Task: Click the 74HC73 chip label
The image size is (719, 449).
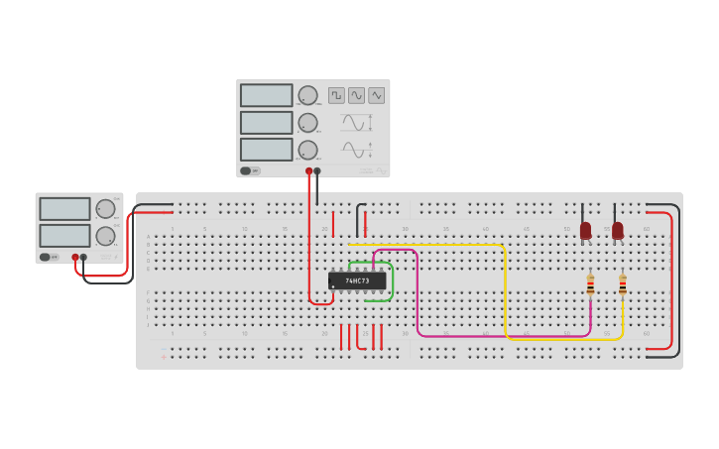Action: tap(357, 281)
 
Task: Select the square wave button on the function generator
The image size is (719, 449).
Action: tap(336, 95)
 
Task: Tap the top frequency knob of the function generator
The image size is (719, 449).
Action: tap(307, 95)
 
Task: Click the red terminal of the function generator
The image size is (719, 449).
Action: tap(309, 171)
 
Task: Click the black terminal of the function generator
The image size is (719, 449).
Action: tap(317, 171)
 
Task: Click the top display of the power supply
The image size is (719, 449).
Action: tap(64, 209)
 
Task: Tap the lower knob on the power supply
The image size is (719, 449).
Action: tap(105, 236)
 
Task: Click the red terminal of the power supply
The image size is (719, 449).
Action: tap(75, 257)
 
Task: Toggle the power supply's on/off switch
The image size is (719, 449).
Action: tap(46, 257)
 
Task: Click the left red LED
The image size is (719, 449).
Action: tap(585, 230)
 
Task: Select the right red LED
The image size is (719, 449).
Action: tap(617, 230)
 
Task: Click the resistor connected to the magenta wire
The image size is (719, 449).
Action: tap(590, 285)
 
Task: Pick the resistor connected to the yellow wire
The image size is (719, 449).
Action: tap(622, 285)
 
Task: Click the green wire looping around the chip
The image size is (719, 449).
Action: tap(393, 282)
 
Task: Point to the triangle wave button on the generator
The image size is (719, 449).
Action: tap(376, 95)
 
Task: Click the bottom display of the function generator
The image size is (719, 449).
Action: tap(266, 150)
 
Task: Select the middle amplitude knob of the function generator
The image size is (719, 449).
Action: tap(307, 123)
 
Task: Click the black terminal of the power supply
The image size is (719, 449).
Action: tap(83, 257)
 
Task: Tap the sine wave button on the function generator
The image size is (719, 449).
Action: tap(356, 95)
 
